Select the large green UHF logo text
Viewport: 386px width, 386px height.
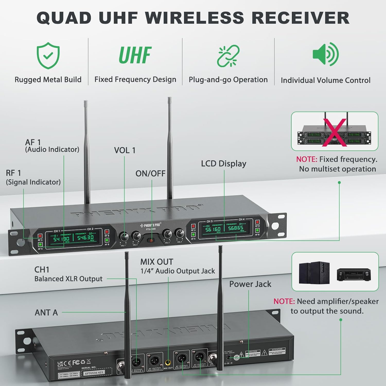(135, 55)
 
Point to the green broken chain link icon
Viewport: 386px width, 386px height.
(228, 56)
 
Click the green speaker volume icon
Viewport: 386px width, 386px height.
(326, 54)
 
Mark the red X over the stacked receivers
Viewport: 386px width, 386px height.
(335, 133)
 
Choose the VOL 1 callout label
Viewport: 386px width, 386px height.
(125, 150)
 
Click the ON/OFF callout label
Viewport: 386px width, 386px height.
(150, 174)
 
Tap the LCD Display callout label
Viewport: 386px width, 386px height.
(223, 164)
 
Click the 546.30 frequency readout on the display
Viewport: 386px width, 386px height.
(86, 238)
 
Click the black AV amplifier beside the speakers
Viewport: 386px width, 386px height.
(354, 275)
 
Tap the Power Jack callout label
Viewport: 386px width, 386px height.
(250, 284)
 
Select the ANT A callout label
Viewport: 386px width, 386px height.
(46, 313)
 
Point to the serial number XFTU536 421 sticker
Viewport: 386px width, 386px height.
(94, 372)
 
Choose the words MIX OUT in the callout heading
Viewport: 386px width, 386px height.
(157, 262)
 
